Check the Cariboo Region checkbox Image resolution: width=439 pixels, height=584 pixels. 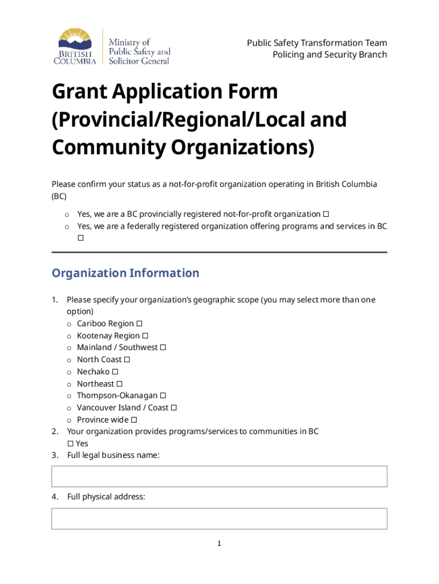point(140,324)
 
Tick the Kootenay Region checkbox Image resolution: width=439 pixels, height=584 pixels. point(145,336)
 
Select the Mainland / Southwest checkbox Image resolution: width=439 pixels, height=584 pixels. point(163,348)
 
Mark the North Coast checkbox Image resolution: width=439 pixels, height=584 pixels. point(127,360)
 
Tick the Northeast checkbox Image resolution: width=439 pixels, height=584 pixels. point(120,384)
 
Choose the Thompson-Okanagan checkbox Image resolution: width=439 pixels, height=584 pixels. point(163,396)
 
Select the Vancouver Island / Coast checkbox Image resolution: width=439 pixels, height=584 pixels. point(174,408)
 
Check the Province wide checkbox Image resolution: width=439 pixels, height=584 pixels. point(134,420)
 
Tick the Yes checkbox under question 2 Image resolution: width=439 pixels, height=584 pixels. point(70,444)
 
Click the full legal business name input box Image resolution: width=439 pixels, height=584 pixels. point(219,476)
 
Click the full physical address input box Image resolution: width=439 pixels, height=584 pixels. point(219,518)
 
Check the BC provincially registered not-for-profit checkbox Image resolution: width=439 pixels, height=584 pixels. point(326,214)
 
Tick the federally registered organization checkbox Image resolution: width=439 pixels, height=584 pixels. point(80,238)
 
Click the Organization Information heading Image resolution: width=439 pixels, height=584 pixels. point(125,273)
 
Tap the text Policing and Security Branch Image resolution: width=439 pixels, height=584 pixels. point(330,55)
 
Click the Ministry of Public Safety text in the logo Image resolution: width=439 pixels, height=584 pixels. point(139,51)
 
